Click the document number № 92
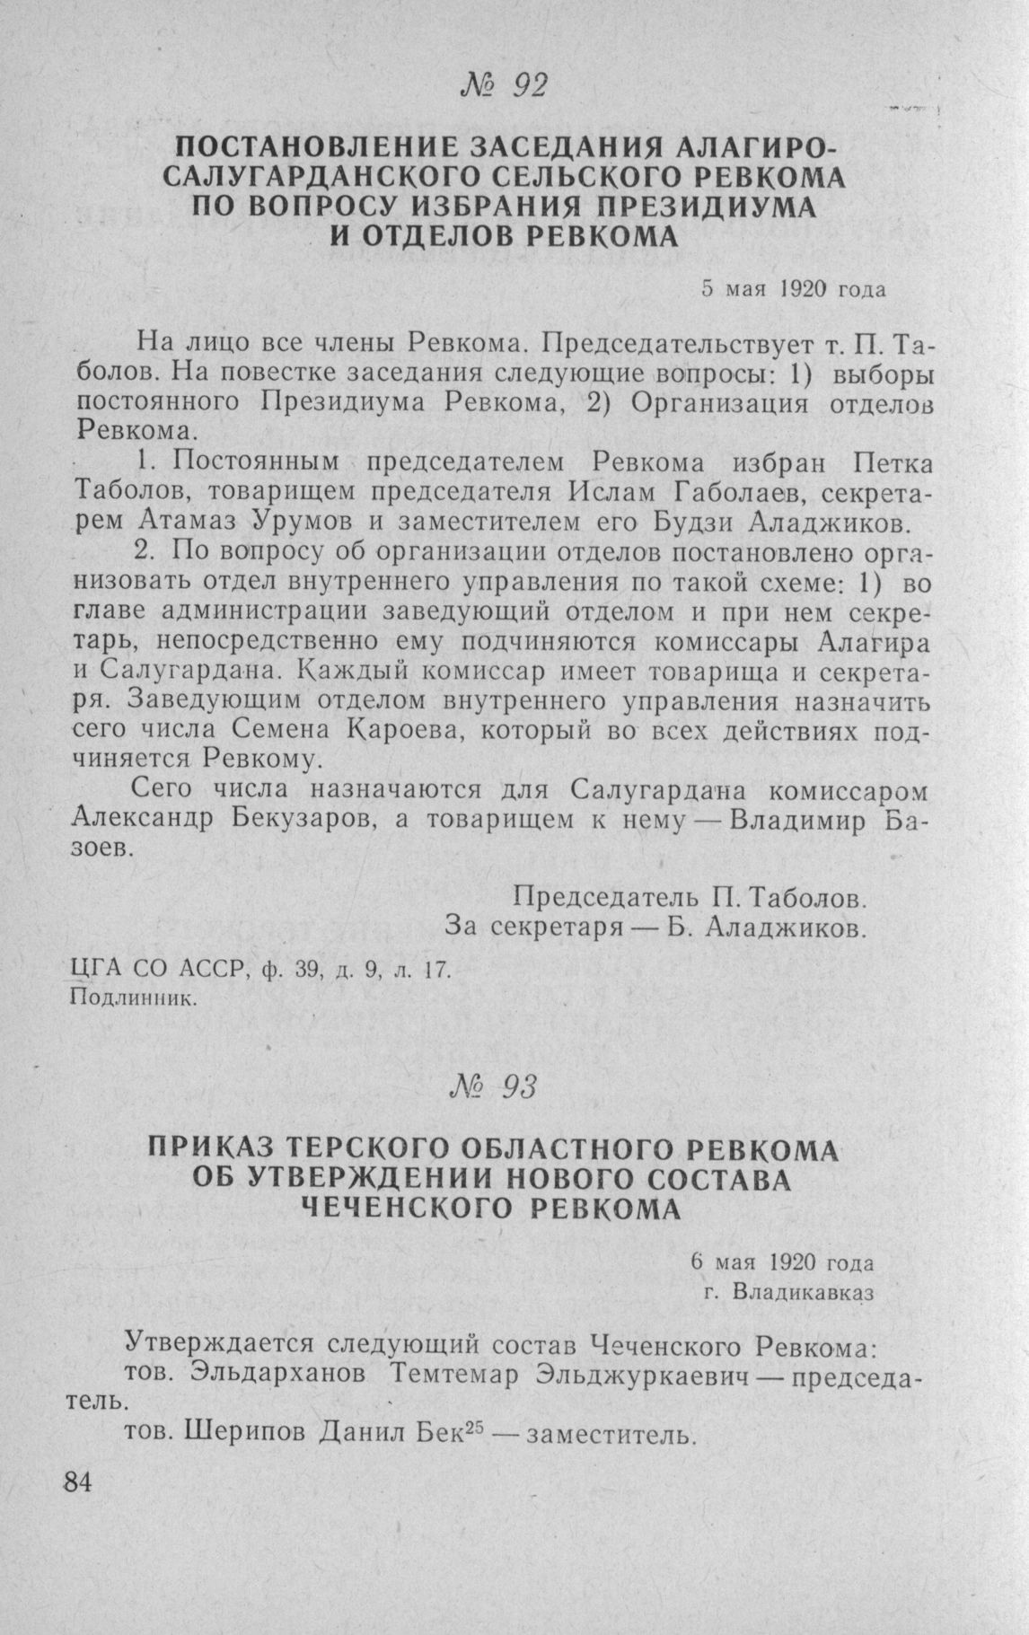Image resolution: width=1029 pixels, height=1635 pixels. (x=502, y=85)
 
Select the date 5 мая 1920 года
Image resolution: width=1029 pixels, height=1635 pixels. (x=794, y=289)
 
